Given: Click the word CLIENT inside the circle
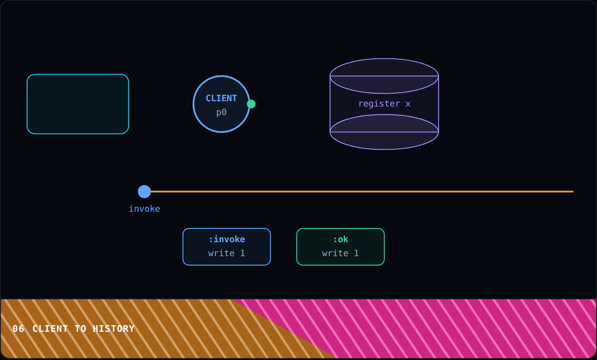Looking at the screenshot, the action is (x=221, y=98).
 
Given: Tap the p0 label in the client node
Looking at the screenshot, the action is (x=221, y=112).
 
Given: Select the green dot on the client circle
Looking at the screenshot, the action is (x=251, y=104).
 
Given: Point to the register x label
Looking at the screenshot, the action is (x=384, y=104).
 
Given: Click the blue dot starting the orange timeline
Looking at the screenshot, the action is (x=144, y=191).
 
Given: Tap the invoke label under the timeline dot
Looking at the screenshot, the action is (x=144, y=209).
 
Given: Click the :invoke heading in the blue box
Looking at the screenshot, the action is (x=227, y=239).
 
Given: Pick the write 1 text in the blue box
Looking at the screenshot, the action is (x=227, y=253).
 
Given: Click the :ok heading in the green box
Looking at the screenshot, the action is (x=341, y=239).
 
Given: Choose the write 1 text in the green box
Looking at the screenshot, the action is (x=340, y=253).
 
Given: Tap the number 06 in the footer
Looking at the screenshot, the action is (x=18, y=329).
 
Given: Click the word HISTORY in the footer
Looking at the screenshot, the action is (x=113, y=329).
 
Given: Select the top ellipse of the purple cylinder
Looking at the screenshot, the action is (x=384, y=59).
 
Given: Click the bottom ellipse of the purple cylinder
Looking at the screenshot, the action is (x=384, y=149).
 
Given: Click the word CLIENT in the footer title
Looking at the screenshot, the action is (x=50, y=329).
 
